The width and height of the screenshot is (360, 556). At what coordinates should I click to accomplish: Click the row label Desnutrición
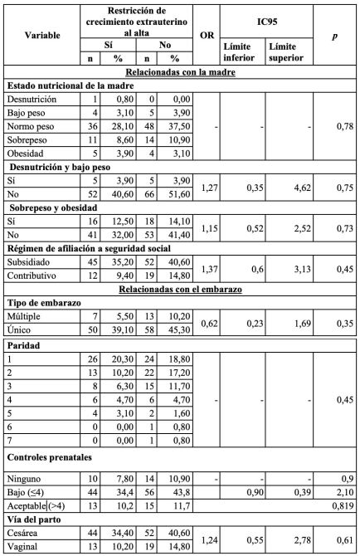[x=32, y=99]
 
